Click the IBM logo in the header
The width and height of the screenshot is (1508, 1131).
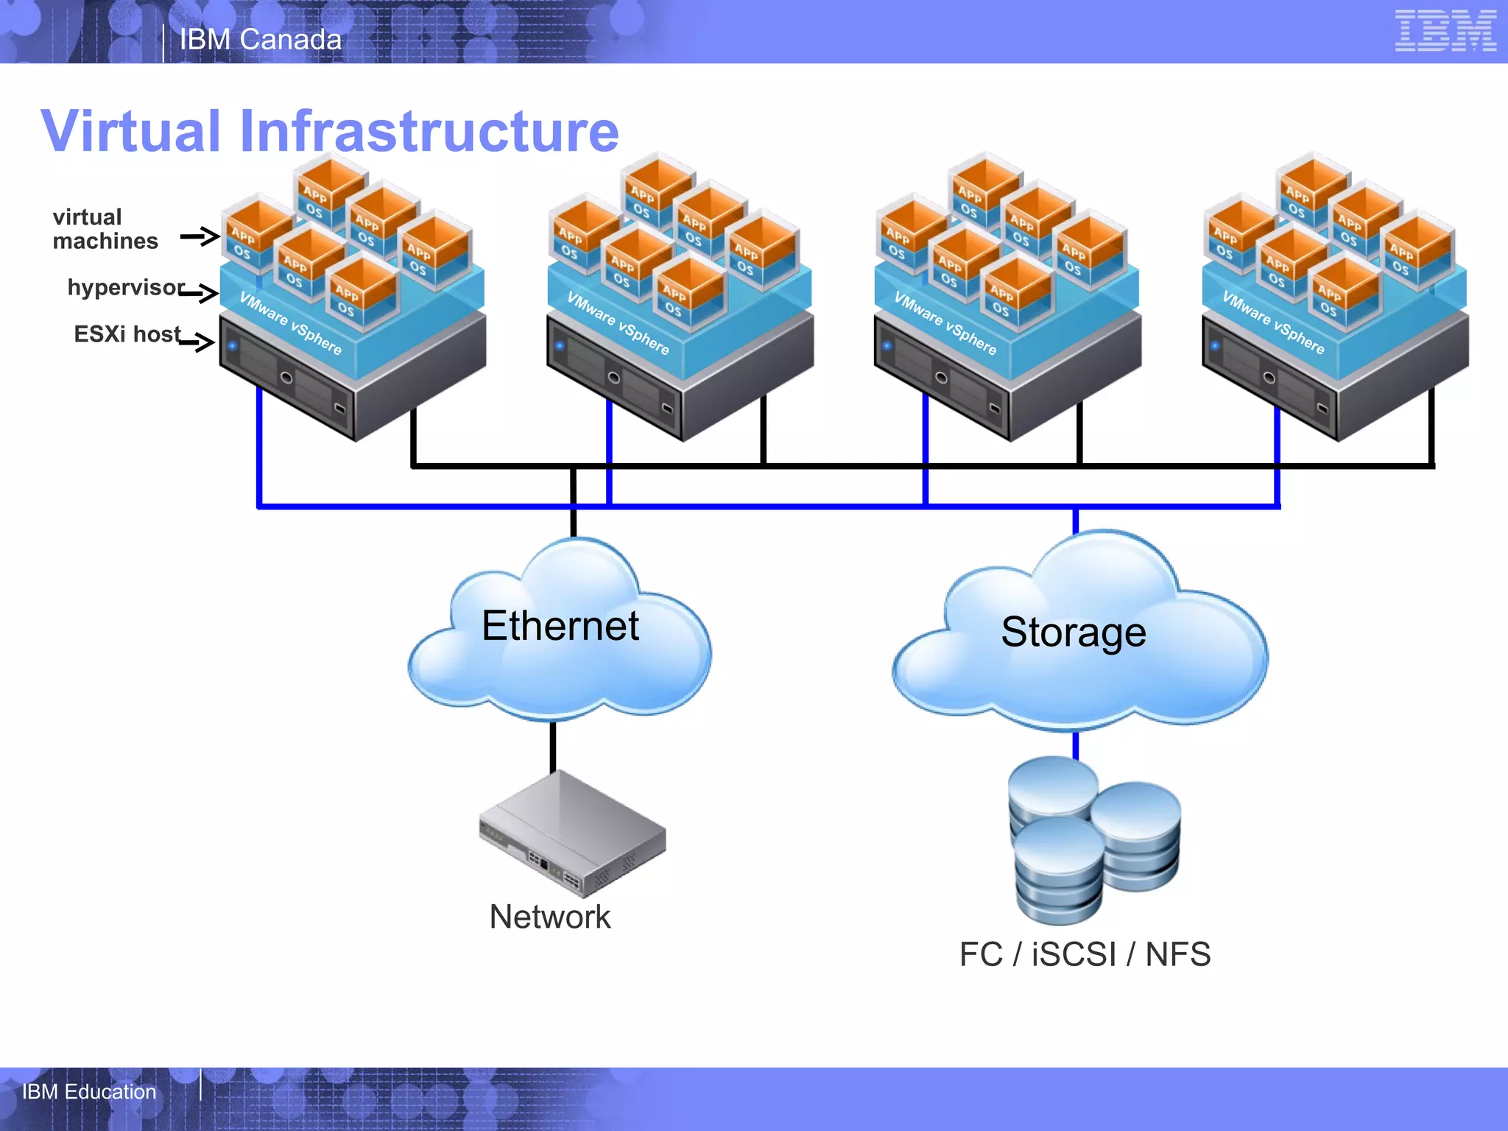pos(1445,31)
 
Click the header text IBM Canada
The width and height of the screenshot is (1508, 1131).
pos(261,40)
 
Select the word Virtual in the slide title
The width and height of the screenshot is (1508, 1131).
pos(131,131)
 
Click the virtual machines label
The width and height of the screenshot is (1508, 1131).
pos(105,229)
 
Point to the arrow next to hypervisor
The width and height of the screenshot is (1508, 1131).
pos(199,293)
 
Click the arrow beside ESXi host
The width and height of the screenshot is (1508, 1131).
pos(196,342)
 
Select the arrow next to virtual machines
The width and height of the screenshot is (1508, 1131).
pos(200,236)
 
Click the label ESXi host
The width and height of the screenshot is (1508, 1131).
pos(127,334)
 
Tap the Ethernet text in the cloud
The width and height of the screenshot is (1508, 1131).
pos(560,626)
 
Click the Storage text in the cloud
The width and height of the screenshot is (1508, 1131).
pos(1074,632)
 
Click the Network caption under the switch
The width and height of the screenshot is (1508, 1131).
pos(550,917)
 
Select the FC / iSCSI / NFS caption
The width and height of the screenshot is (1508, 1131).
pos(1085,954)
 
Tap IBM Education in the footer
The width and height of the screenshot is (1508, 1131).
pos(89,1091)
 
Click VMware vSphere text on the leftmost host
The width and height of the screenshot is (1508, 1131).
pos(291,323)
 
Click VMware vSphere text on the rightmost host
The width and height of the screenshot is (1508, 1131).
pos(1273,323)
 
